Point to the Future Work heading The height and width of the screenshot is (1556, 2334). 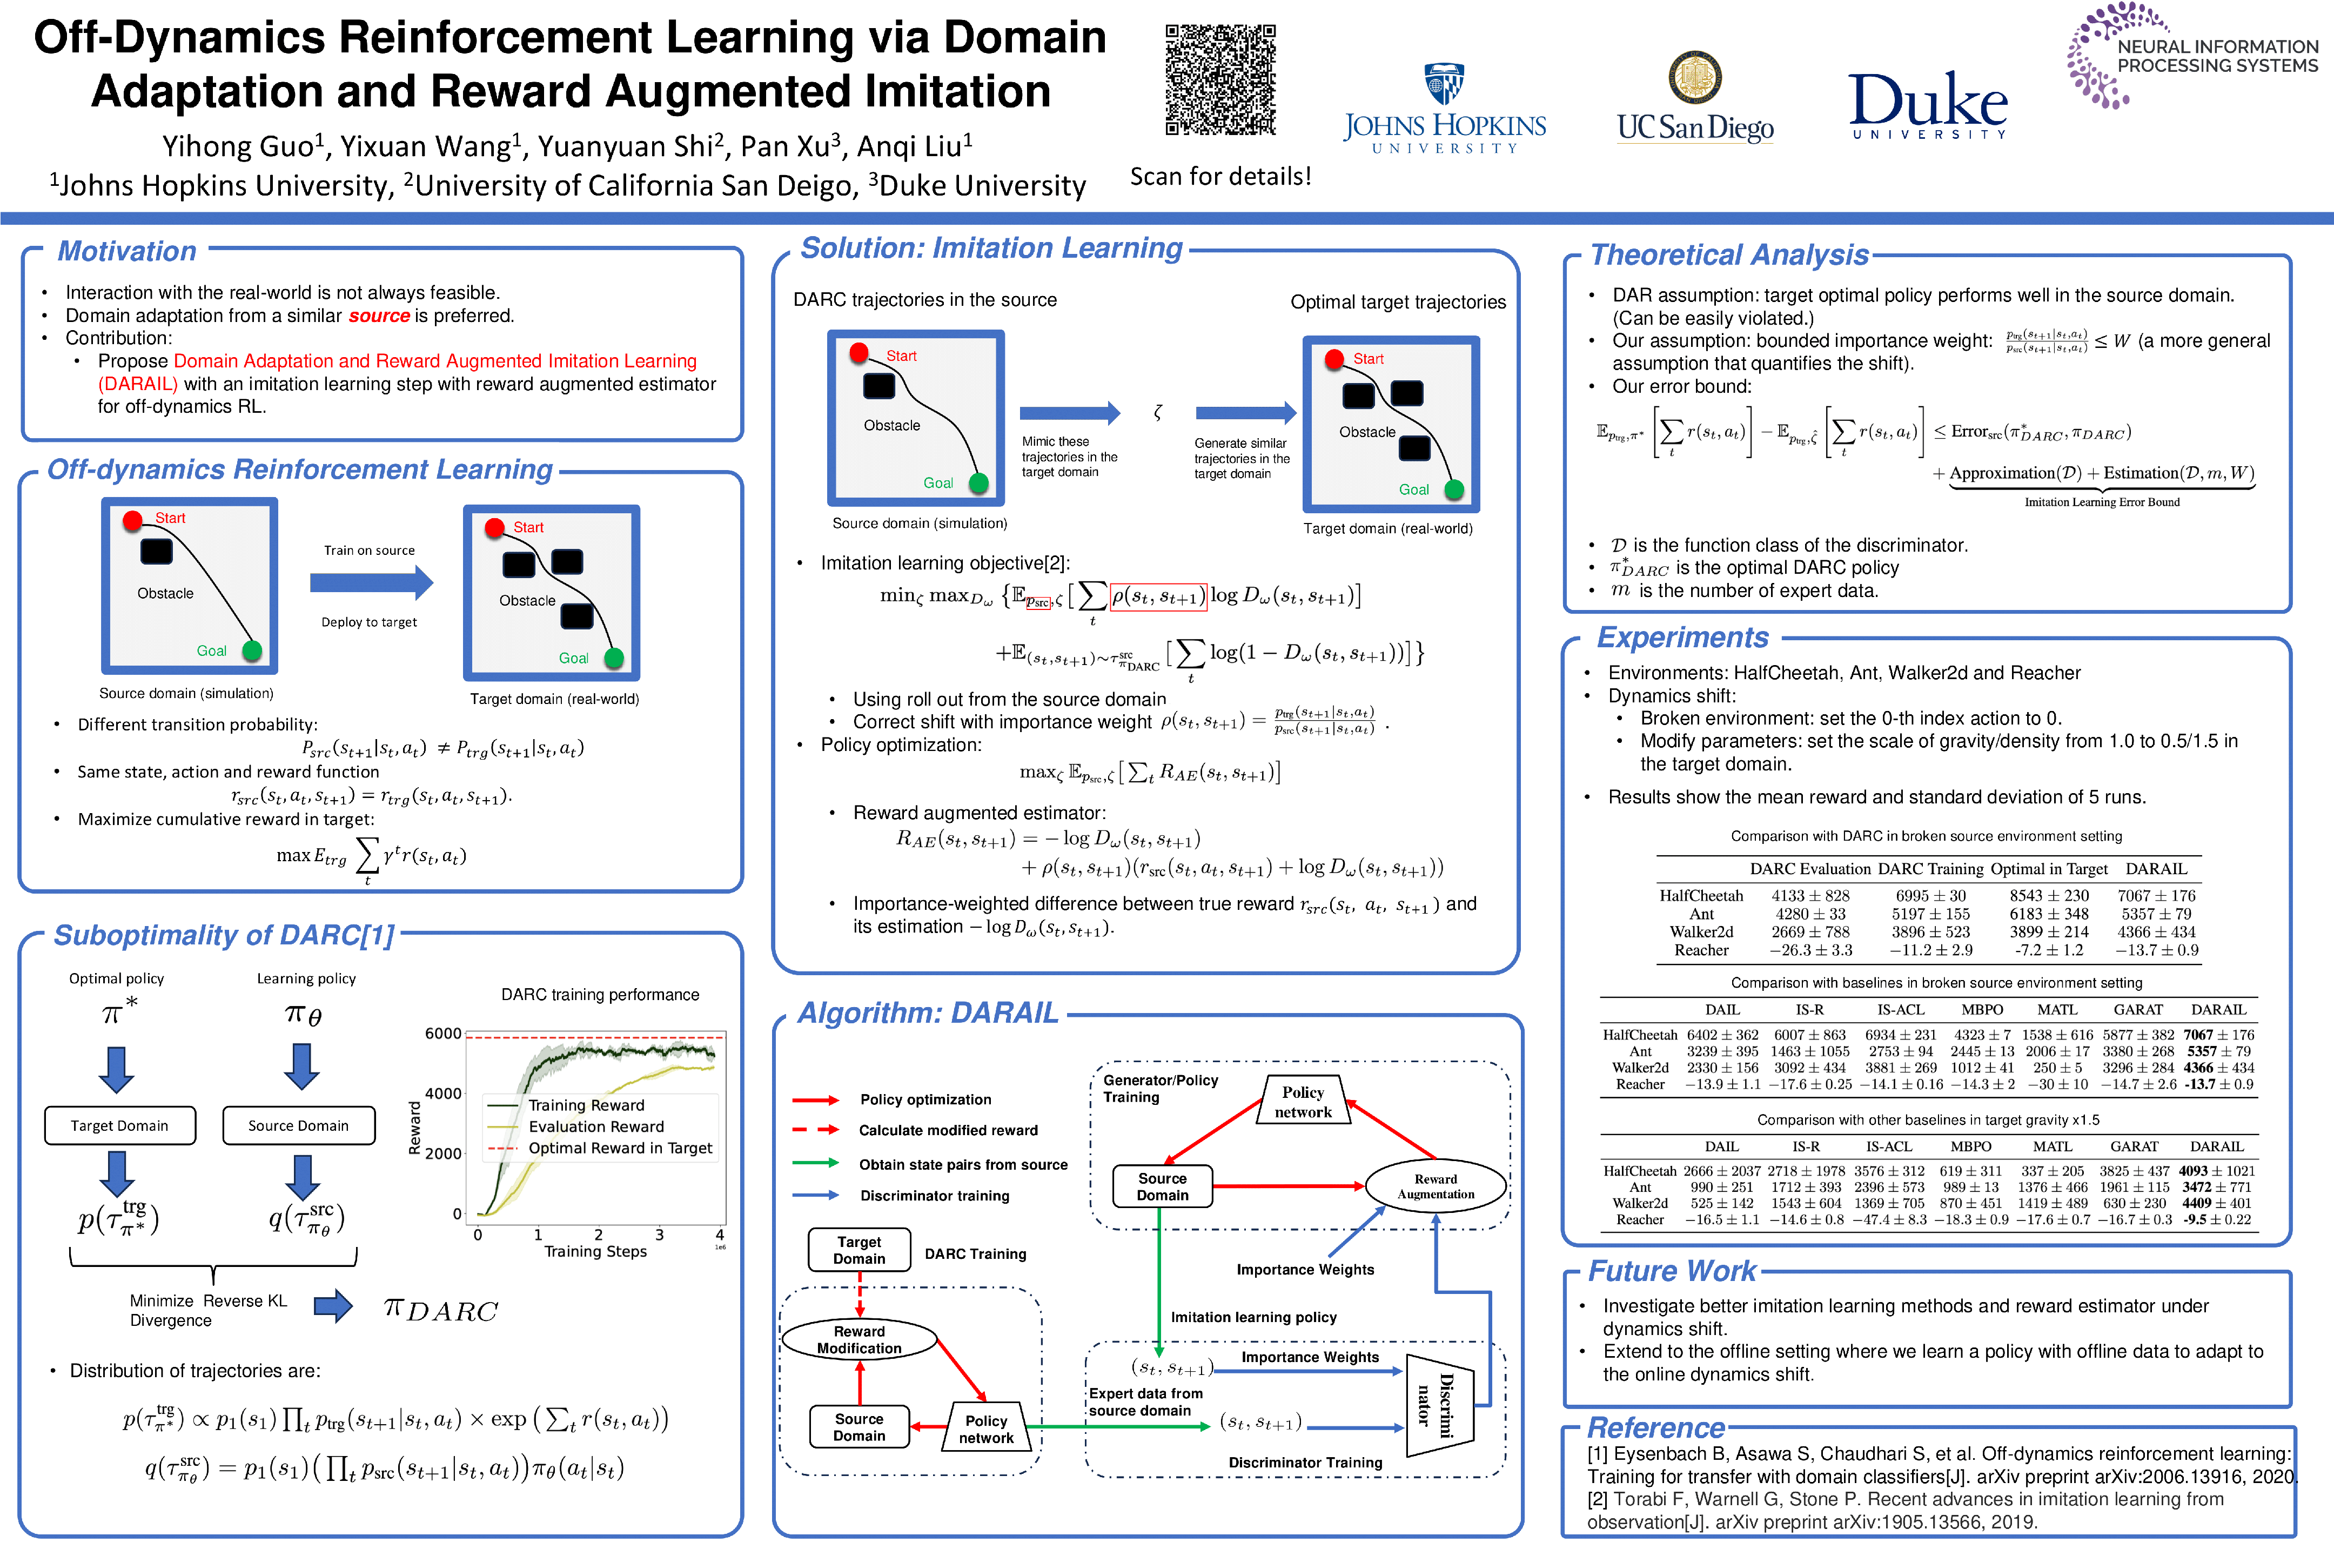point(1672,1271)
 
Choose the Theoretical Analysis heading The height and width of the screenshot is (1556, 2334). point(1729,255)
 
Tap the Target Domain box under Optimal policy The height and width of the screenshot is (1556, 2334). point(120,1125)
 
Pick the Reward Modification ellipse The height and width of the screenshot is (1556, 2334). point(860,1340)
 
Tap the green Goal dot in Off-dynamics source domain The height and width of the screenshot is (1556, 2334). point(252,651)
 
